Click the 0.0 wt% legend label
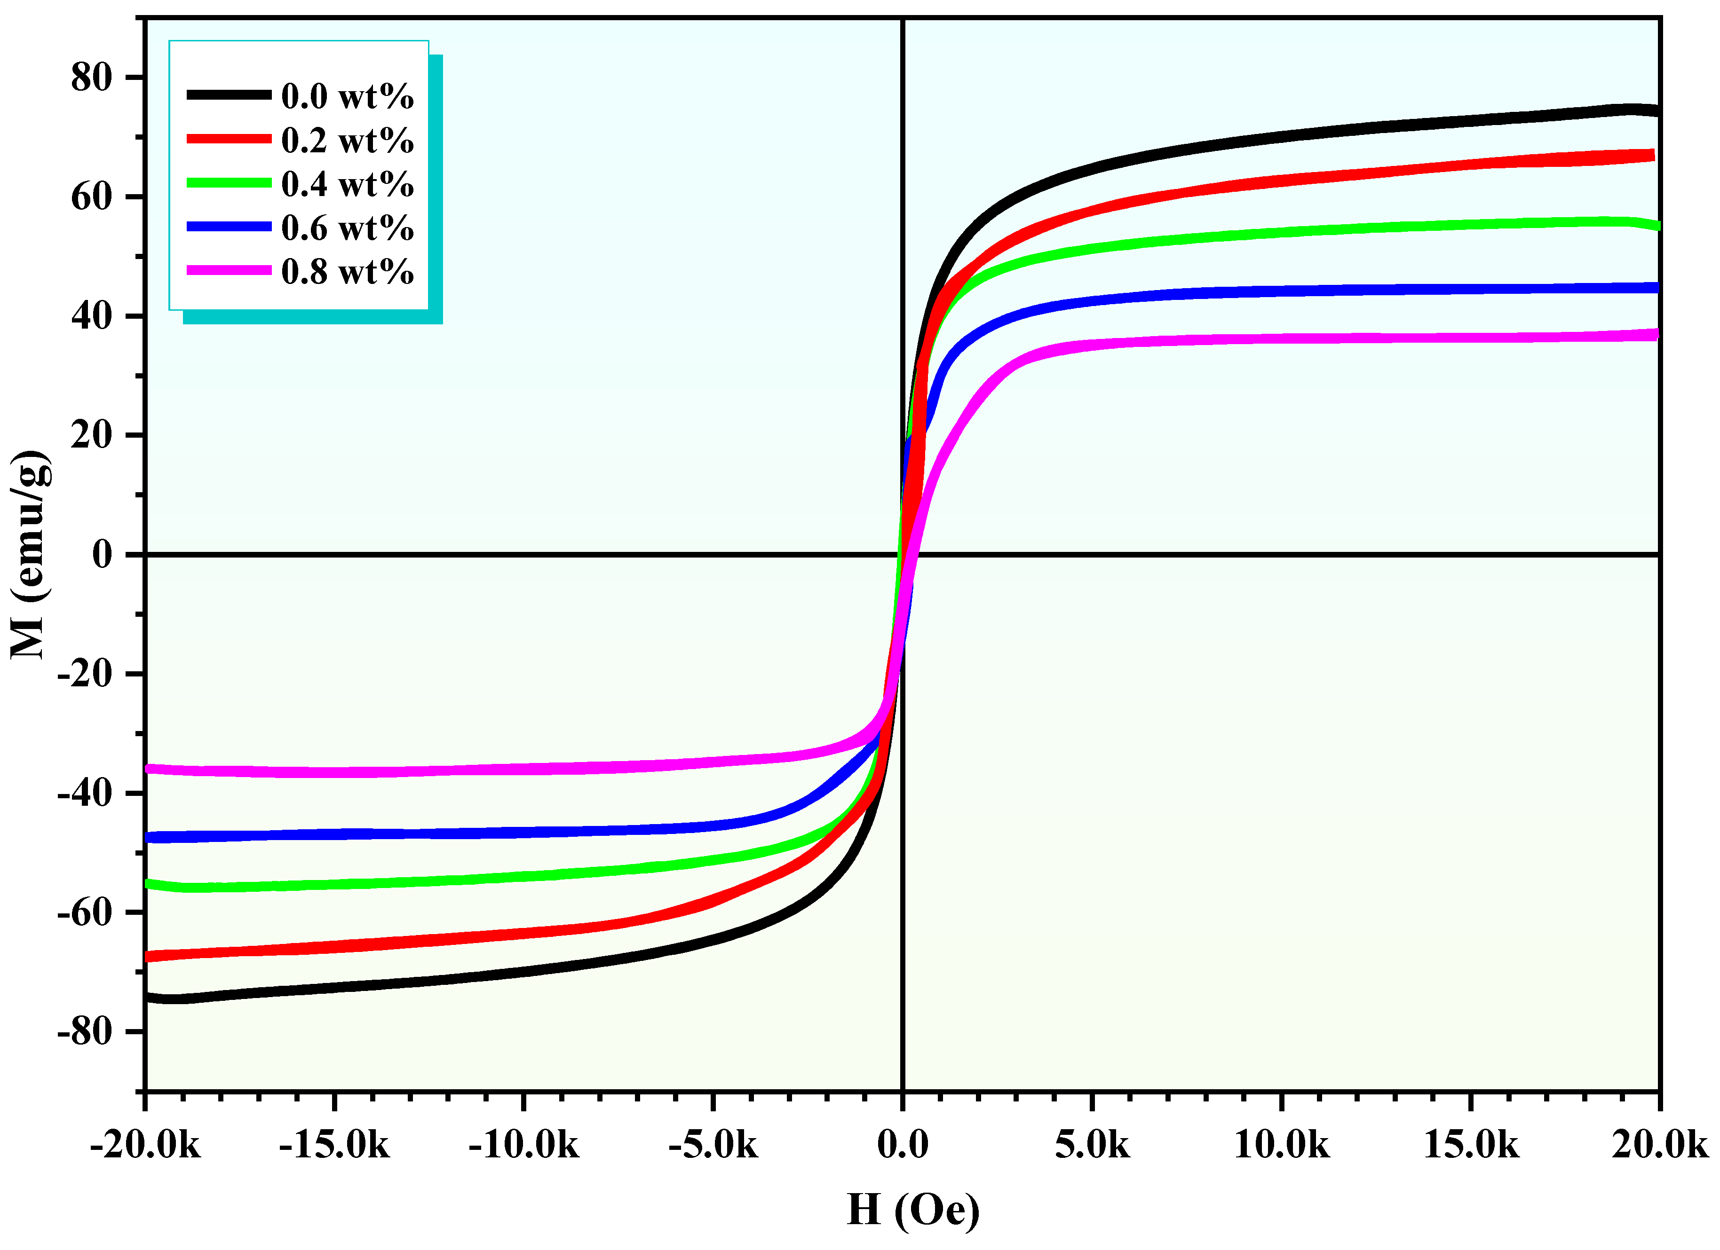click(347, 96)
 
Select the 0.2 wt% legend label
click(347, 140)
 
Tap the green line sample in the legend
click(229, 183)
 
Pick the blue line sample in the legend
click(229, 227)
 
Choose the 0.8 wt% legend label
click(347, 271)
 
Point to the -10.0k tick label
click(524, 1145)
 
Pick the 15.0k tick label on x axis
click(1471, 1145)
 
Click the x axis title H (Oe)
click(913, 1211)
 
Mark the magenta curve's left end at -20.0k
click(150, 769)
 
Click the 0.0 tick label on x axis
click(903, 1145)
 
